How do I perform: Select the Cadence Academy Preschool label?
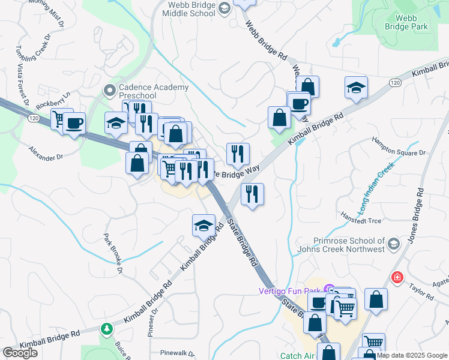(x=137, y=91)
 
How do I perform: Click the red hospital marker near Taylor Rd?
(x=396, y=277)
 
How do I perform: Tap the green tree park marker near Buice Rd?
(x=107, y=329)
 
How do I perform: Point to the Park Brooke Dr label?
(x=113, y=254)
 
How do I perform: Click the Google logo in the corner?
(x=20, y=352)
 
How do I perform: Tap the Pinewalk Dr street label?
(x=174, y=353)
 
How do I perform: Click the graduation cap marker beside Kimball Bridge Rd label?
(x=203, y=226)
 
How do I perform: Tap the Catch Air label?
(x=298, y=355)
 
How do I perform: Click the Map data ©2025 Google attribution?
(x=412, y=355)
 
